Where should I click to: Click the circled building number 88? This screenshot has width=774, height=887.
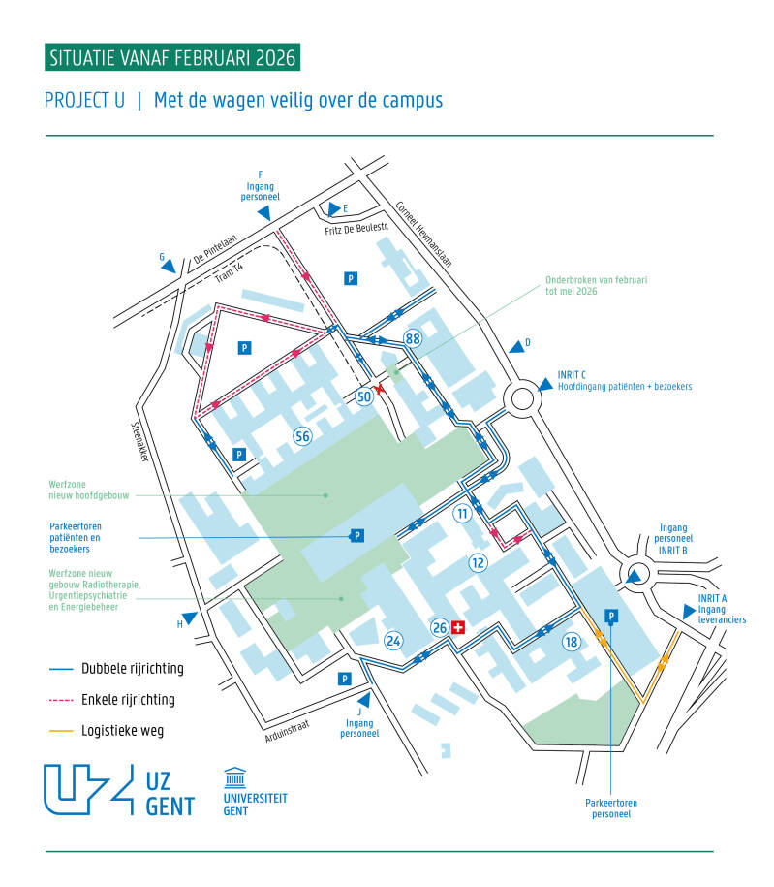coord(414,337)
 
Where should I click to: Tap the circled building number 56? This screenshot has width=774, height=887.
coord(303,436)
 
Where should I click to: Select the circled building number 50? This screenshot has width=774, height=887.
coord(364,396)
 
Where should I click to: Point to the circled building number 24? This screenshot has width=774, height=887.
coord(393,639)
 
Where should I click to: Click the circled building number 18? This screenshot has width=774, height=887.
coord(572,641)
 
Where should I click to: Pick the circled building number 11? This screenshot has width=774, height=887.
coord(463,513)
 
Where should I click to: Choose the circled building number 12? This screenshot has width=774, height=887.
coord(478,562)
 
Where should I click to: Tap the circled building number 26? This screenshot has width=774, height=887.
coord(440,627)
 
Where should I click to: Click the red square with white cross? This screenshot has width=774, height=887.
coord(459,627)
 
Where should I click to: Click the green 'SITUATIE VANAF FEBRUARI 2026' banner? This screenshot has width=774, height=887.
coord(172,57)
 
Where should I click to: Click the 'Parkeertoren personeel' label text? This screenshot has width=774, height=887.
coord(611,808)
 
